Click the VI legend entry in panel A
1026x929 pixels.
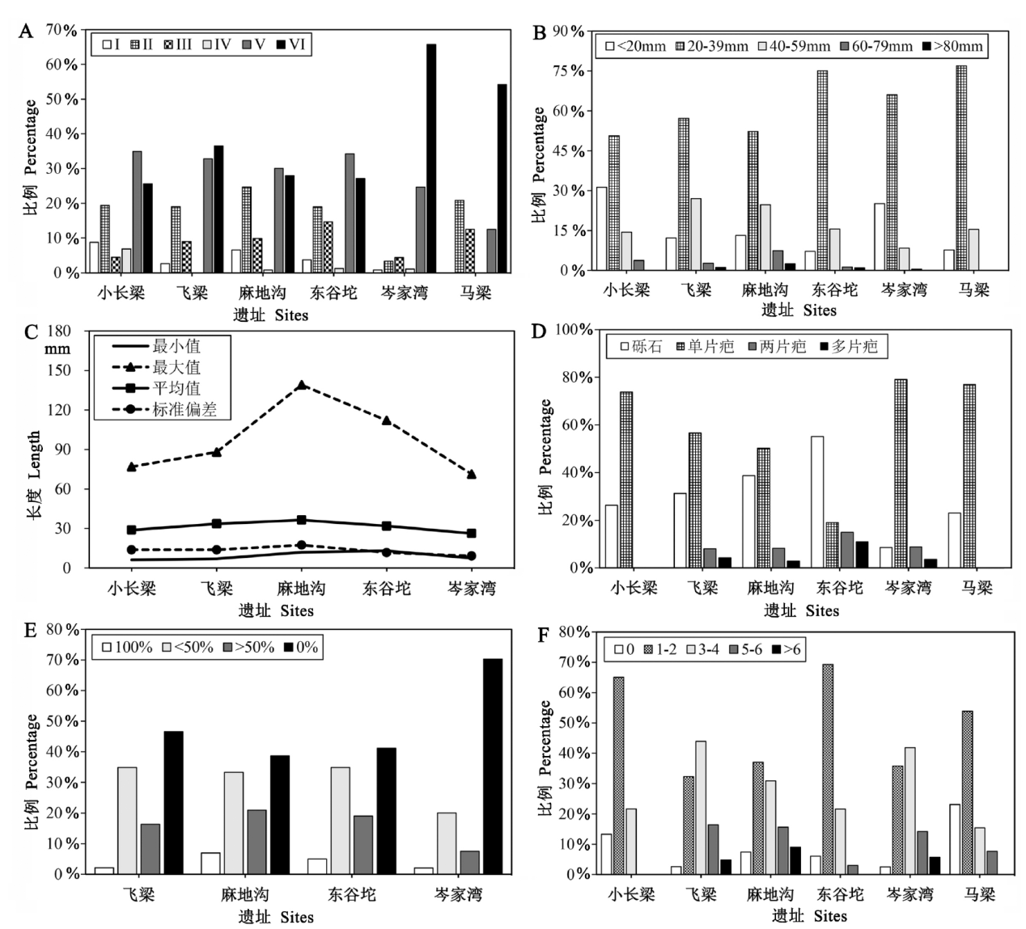click(291, 44)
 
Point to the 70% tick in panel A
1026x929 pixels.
click(61, 30)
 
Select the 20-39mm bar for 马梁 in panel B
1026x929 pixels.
click(960, 167)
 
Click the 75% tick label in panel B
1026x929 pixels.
click(567, 70)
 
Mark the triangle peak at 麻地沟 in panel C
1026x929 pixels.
click(302, 385)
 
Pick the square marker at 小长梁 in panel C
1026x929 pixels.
click(132, 530)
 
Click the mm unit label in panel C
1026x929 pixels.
click(57, 349)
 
